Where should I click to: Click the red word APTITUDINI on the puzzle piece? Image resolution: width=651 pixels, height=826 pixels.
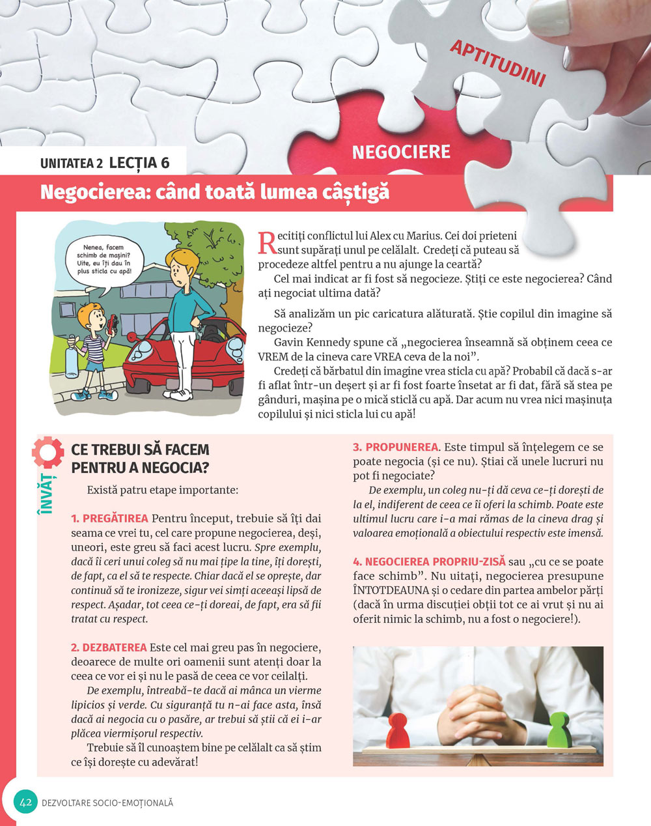tap(497, 63)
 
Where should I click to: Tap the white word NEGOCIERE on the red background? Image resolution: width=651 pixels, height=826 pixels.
tap(401, 152)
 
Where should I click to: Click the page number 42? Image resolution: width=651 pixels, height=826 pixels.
tap(27, 803)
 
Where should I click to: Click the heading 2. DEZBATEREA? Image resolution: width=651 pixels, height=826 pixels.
tap(109, 648)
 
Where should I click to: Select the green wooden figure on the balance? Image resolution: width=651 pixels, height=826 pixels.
tap(558, 730)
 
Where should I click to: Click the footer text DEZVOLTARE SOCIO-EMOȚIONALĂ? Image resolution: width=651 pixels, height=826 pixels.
tap(107, 803)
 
